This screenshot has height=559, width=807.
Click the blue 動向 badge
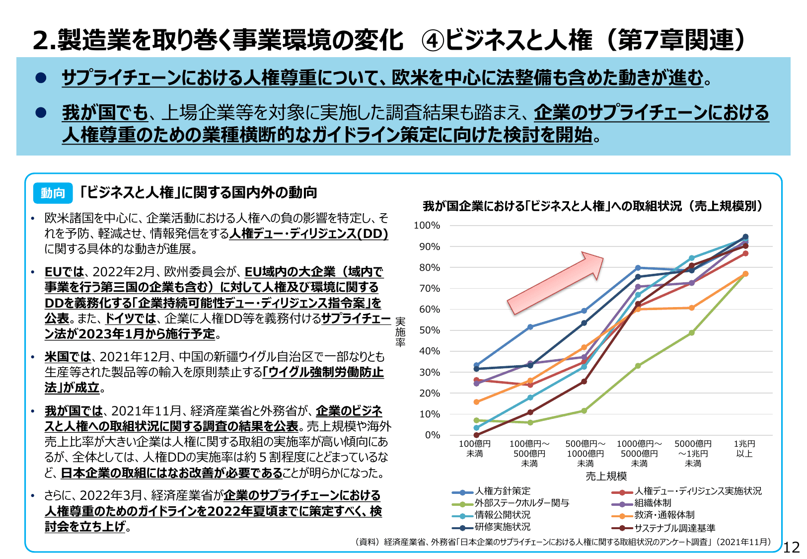click(53, 193)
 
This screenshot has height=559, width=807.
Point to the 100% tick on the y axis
click(427, 226)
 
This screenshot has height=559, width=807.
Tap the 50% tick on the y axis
click(429, 330)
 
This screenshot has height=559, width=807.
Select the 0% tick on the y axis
click(432, 435)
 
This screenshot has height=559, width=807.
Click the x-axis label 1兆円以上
click(744, 448)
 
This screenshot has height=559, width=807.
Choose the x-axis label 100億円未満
click(474, 448)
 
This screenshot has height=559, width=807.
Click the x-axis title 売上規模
click(606, 477)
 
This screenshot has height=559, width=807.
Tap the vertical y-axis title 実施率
click(400, 331)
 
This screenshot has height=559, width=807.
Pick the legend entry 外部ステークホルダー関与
click(521, 503)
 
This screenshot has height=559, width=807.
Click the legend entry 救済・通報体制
click(664, 515)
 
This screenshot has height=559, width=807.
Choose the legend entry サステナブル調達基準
click(674, 528)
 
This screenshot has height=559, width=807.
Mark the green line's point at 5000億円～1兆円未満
click(692, 333)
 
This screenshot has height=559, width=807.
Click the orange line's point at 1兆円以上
click(745, 274)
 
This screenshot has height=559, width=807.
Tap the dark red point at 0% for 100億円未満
click(476, 435)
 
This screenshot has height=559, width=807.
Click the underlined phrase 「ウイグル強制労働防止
click(323, 372)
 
